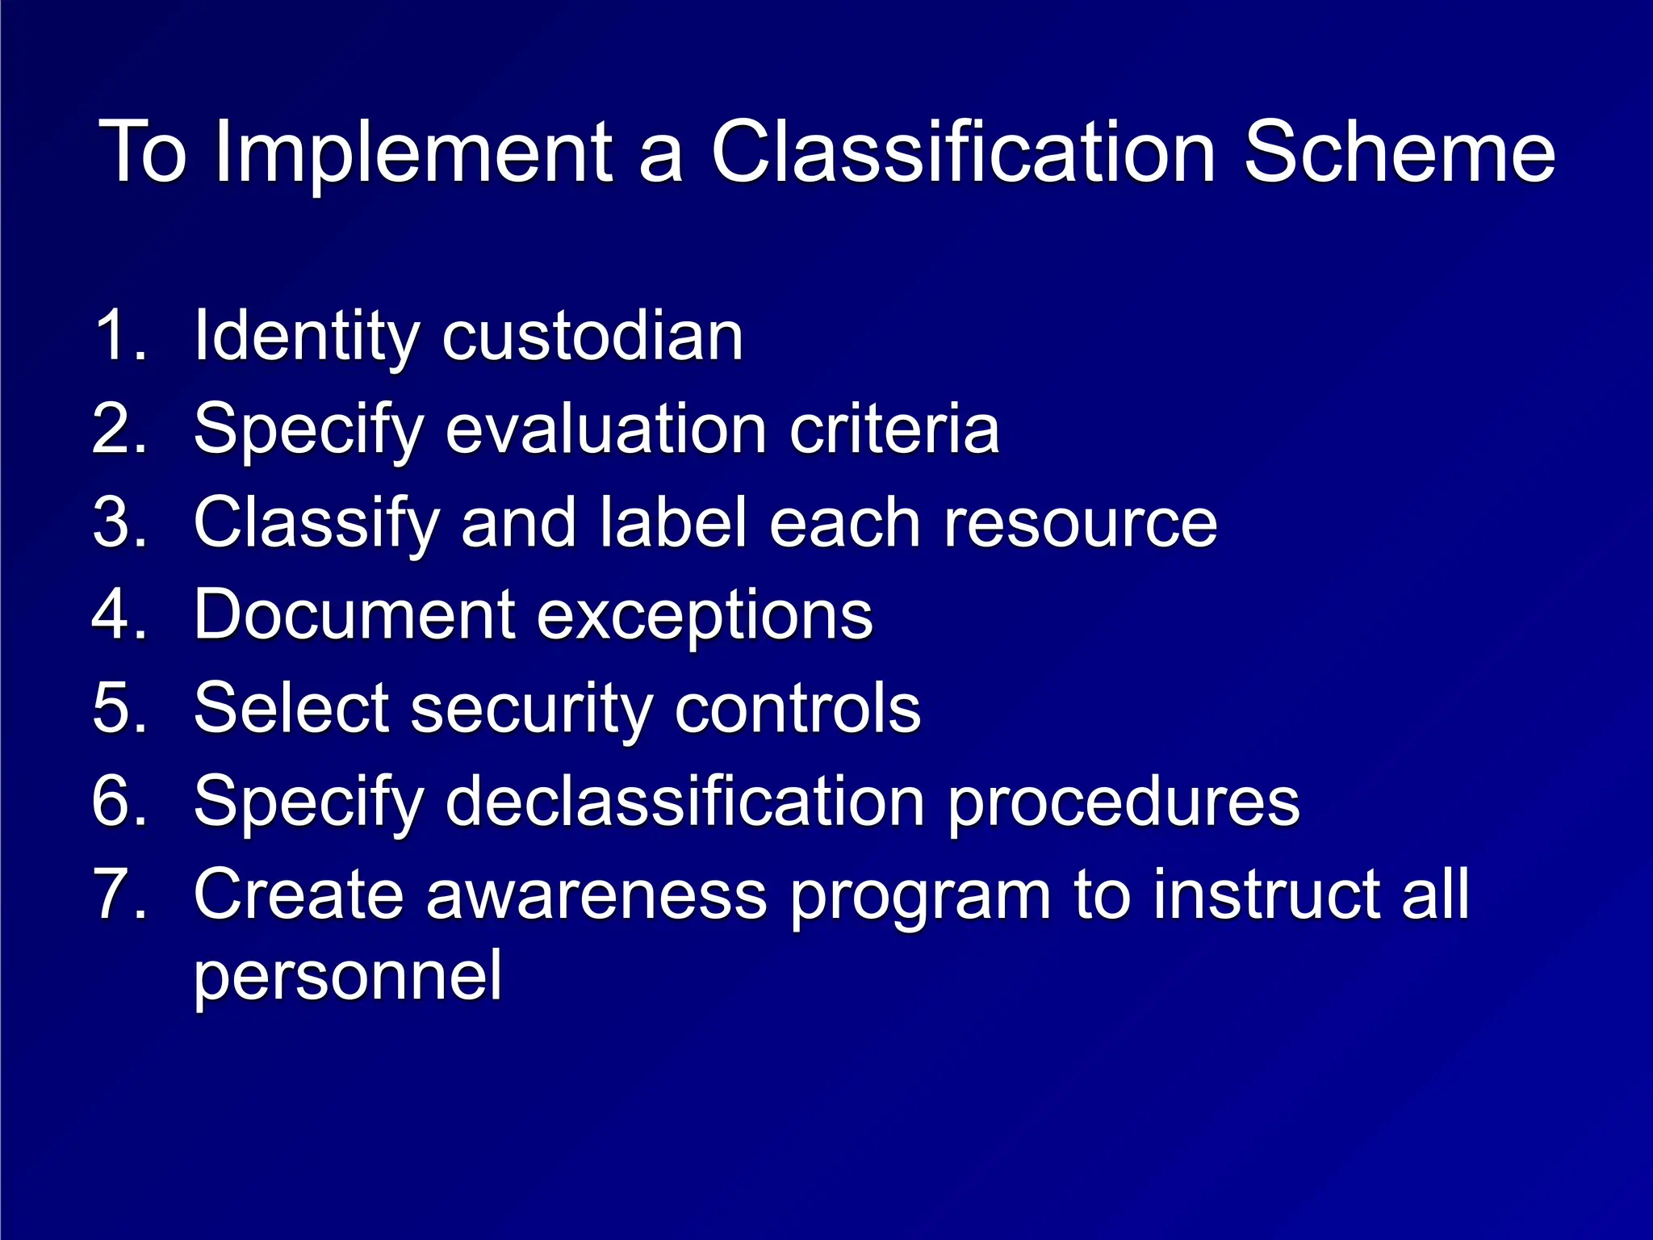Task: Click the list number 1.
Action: [119, 334]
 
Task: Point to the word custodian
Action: [592, 336]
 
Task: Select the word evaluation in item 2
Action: [605, 429]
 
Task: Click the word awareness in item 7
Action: [596, 894]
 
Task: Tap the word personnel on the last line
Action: [348, 975]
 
